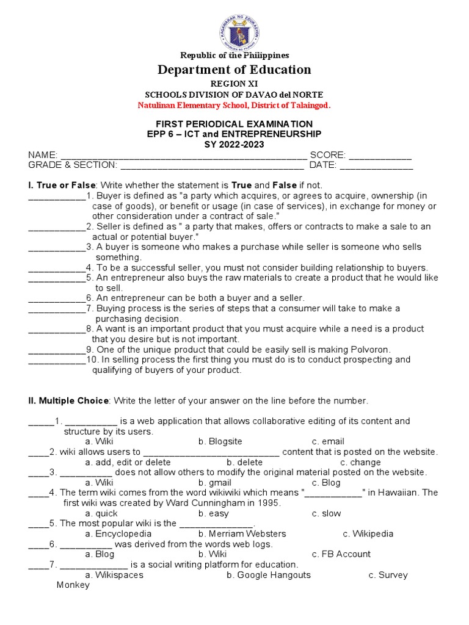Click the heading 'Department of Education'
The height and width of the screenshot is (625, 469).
pos(234,70)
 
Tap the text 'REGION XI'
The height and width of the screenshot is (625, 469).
pos(234,84)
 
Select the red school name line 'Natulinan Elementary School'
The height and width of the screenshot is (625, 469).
pos(234,105)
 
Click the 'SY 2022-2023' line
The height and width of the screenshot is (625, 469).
pos(234,144)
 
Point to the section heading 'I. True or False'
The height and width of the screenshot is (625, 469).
pos(62,185)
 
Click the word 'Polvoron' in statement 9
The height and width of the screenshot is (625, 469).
pos(369,349)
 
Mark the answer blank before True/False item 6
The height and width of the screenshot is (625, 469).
pos(56,298)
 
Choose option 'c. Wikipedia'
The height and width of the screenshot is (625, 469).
pos(368,533)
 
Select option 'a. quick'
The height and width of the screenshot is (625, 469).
pos(101,513)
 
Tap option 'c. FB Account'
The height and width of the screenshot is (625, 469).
pos(341,554)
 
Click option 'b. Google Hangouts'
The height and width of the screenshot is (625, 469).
pos(268,575)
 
